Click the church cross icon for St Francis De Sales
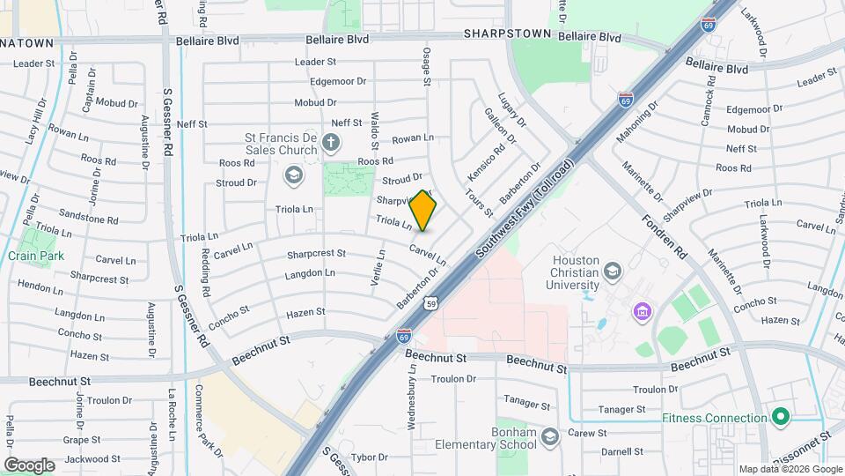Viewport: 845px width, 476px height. coord(330,142)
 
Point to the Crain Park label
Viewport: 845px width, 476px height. coord(36,256)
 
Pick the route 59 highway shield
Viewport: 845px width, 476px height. coord(430,304)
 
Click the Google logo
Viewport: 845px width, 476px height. coord(29,465)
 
